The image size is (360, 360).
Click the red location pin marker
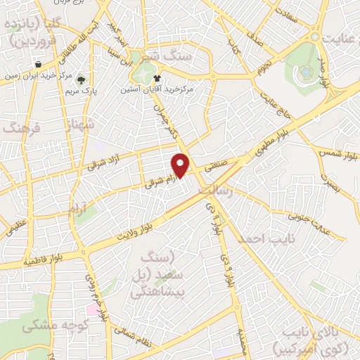181,164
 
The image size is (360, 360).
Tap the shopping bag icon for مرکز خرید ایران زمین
47,64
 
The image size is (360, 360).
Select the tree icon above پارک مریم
82,79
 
